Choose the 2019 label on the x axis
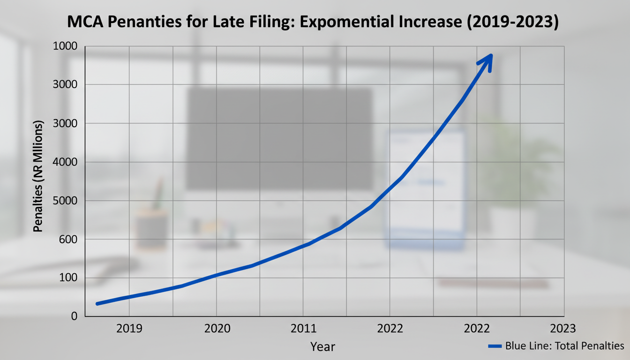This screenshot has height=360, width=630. [129, 328]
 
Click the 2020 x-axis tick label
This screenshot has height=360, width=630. [217, 328]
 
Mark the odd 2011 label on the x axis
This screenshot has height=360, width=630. [303, 328]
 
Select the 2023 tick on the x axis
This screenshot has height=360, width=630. [562, 328]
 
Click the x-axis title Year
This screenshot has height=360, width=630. [322, 347]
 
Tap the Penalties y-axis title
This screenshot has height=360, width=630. [38, 176]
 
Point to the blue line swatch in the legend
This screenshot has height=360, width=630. [495, 346]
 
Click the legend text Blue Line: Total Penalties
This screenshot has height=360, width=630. [564, 346]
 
